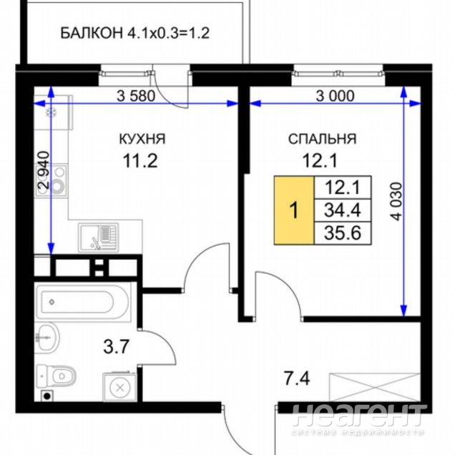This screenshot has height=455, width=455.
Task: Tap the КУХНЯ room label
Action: tap(142, 139)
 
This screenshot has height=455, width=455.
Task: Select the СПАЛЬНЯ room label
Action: tap(322, 139)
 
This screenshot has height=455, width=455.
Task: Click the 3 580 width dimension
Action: tap(136, 96)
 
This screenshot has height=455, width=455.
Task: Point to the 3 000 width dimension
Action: tap(335, 96)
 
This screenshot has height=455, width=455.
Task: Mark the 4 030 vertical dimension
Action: tap(396, 201)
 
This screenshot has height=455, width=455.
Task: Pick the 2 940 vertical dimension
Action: tap(44, 170)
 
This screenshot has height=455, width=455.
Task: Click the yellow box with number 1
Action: tap(294, 210)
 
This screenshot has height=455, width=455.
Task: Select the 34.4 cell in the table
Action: tap(343, 210)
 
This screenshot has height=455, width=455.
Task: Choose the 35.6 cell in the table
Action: tap(343, 233)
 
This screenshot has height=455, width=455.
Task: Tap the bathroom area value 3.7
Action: tap(116, 346)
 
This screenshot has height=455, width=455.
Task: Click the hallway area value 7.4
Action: tap(297, 378)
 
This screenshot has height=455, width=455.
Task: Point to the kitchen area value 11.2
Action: tap(140, 160)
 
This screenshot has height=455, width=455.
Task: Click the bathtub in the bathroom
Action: tap(82, 302)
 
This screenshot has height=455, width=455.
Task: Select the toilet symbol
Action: tap(57, 376)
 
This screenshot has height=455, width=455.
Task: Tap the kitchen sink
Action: tap(99, 238)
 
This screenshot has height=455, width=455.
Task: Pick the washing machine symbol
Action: tap(120, 387)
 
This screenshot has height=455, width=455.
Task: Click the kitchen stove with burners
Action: tap(52, 180)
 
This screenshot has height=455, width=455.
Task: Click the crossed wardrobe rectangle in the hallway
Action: tap(375, 387)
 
